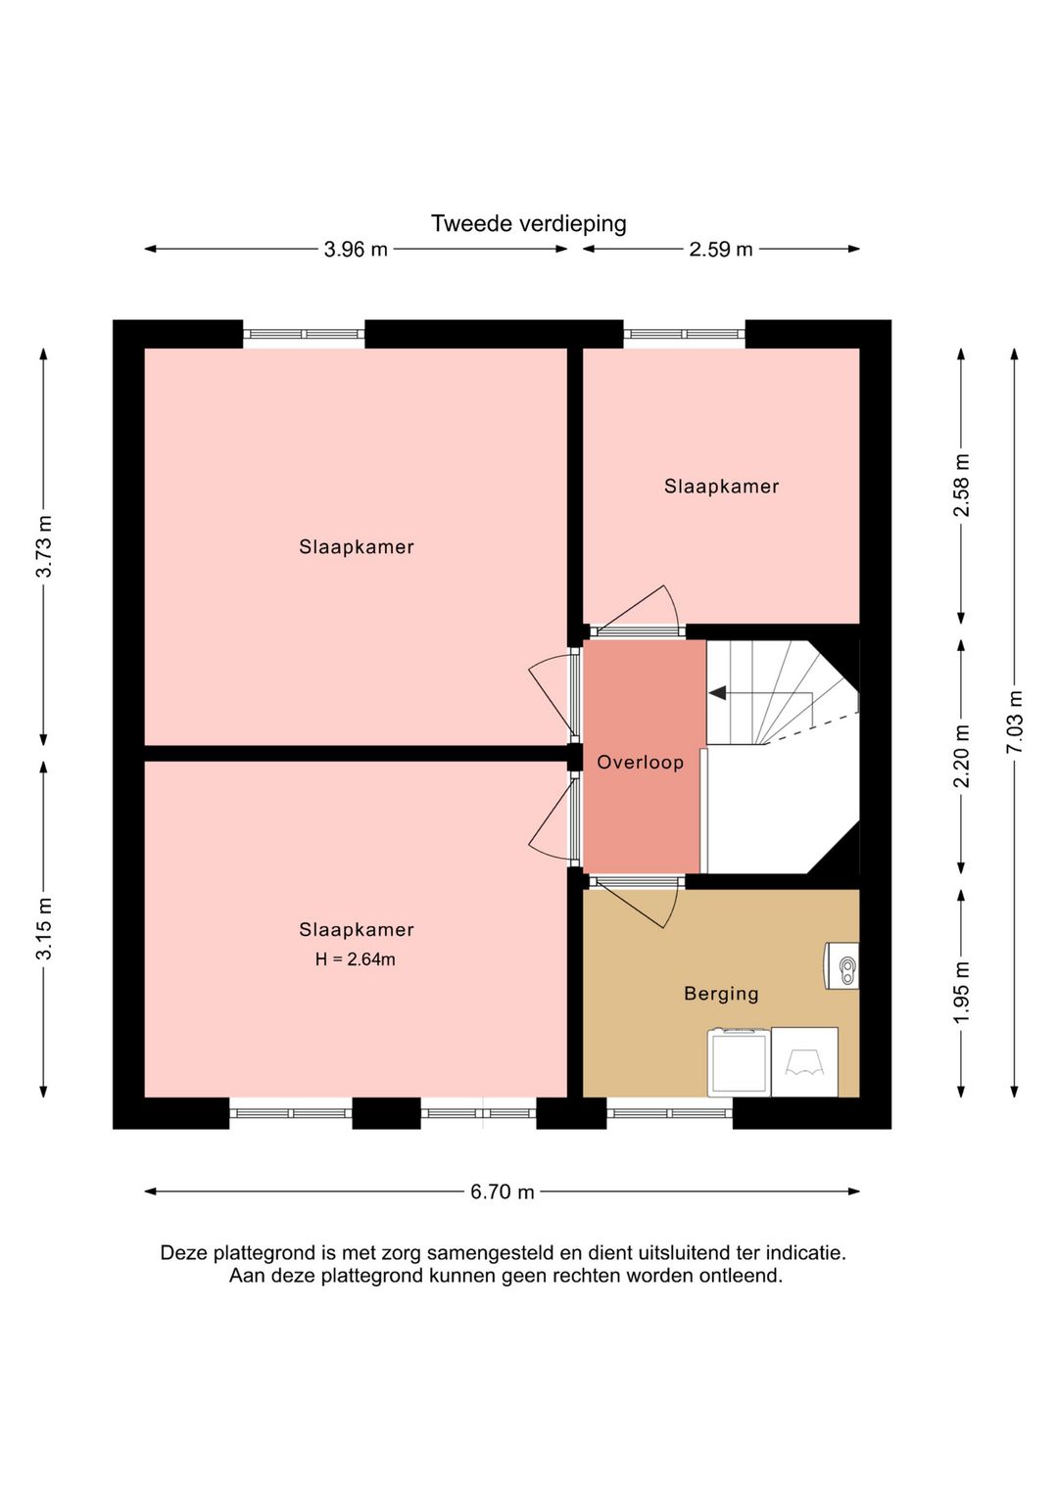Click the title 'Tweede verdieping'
coord(528,223)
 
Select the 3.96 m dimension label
coord(355,250)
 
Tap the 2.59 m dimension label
coord(720,250)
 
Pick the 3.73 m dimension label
coord(44,546)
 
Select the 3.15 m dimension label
coord(44,928)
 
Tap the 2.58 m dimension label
coord(961,485)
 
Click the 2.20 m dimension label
coord(961,756)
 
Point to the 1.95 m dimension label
coord(961,992)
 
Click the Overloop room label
coord(640,763)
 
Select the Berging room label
coord(722,995)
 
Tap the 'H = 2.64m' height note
coord(355,959)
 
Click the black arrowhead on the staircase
coord(717,693)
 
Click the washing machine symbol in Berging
coord(739,1062)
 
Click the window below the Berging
coord(669,1113)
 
